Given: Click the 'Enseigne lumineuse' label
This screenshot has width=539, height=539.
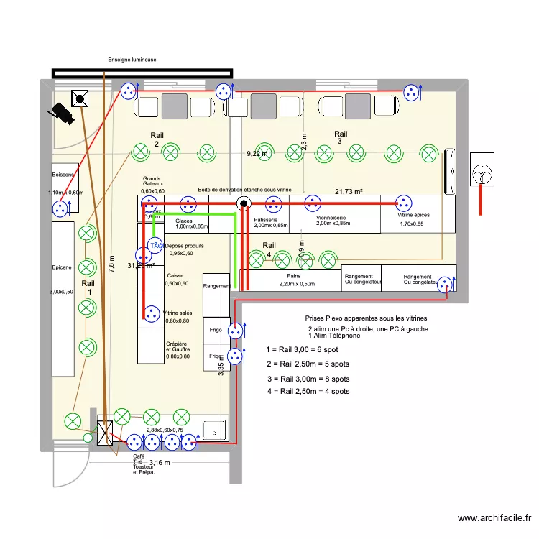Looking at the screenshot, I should [x=132, y=60].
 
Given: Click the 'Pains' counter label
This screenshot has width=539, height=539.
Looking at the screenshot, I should [x=293, y=276].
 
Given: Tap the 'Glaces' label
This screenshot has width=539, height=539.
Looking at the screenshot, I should [x=184, y=221].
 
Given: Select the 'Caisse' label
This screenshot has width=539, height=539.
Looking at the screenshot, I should [x=175, y=276].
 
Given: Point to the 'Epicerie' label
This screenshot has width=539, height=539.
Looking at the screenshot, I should [x=61, y=268].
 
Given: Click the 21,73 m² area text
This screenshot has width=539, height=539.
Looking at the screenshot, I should [x=349, y=191].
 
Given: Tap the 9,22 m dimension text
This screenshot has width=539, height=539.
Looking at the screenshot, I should [x=257, y=154].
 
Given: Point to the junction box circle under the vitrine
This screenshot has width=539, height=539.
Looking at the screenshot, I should [x=244, y=204].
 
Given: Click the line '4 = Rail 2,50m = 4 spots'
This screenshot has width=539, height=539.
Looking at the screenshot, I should [x=308, y=392].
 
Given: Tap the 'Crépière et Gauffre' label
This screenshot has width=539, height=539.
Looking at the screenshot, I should [x=178, y=348].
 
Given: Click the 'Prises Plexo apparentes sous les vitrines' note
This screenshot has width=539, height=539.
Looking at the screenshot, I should [x=367, y=318].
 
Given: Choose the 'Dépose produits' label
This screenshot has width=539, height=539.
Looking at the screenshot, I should [x=184, y=246].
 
